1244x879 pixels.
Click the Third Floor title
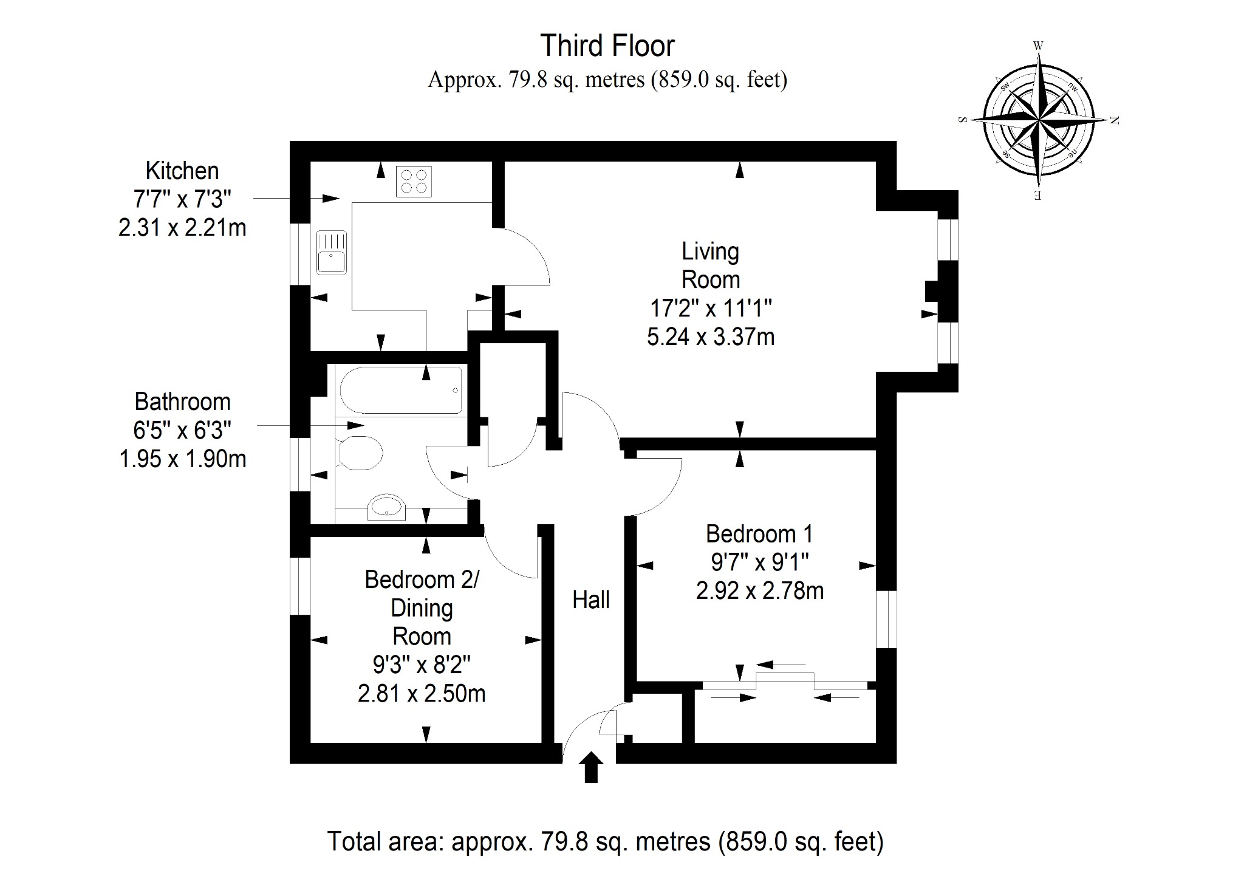click(607, 46)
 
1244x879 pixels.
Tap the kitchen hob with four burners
click(414, 181)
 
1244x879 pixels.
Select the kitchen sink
click(331, 252)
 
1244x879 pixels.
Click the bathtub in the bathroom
click(401, 390)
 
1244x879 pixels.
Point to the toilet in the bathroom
click(360, 453)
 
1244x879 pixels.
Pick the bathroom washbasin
click(387, 507)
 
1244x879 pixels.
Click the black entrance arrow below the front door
click(590, 767)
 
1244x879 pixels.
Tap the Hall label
click(591, 600)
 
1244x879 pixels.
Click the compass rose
click(1039, 120)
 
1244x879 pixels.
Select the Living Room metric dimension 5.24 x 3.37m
click(711, 337)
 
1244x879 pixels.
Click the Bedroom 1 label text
click(759, 534)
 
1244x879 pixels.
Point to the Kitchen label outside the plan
click(182, 171)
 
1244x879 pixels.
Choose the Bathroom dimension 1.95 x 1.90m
click(183, 459)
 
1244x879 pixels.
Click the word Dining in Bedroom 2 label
click(422, 609)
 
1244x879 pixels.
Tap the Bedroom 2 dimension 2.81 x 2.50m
click(422, 693)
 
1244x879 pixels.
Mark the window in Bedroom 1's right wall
click(886, 619)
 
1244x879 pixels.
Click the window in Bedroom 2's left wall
click(300, 586)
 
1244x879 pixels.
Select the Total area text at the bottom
click(606, 841)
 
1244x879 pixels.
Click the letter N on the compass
click(1114, 120)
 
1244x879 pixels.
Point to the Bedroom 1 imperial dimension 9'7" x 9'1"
click(759, 563)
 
